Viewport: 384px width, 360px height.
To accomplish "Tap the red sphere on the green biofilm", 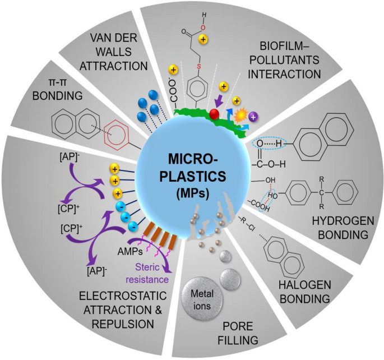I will (x=214, y=114).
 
